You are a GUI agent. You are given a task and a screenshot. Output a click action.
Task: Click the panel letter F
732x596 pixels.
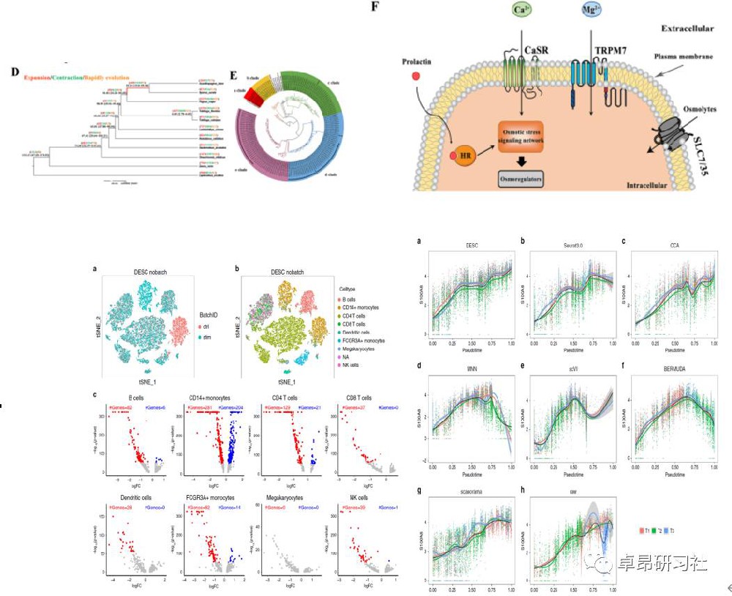pos(376,6)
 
